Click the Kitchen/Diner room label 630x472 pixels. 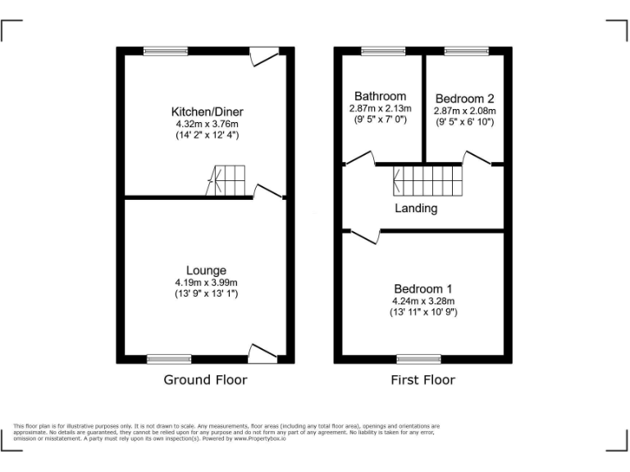click(x=207, y=111)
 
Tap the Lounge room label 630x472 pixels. click(x=206, y=270)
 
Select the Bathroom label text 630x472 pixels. click(x=380, y=96)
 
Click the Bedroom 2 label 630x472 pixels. click(x=464, y=98)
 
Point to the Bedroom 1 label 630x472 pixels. click(x=422, y=289)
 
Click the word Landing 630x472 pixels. click(x=416, y=208)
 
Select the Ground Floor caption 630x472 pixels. click(x=205, y=379)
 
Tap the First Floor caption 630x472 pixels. click(x=423, y=379)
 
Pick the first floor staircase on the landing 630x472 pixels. click(x=427, y=179)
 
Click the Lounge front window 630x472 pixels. click(x=169, y=358)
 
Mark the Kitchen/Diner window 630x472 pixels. click(x=165, y=51)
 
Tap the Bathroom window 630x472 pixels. click(x=383, y=51)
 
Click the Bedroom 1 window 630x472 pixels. click(x=418, y=358)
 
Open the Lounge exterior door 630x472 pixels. click(x=263, y=353)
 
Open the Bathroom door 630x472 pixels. click(x=359, y=159)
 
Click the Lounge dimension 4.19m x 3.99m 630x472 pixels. click(x=206, y=283)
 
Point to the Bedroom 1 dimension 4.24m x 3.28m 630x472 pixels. click(x=423, y=301)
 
